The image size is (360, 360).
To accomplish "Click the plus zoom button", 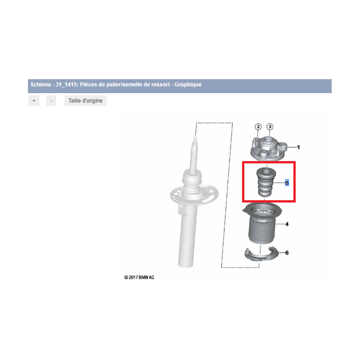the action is tap(34, 101).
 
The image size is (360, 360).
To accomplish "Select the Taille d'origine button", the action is tap(85, 101).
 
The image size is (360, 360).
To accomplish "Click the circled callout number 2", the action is tap(258, 127).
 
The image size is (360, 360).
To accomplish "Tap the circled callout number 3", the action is tap(270, 127).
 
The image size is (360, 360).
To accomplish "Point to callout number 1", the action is tap(298, 148).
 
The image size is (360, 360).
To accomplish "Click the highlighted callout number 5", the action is tap(287, 183).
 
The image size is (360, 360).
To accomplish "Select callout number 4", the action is tap(287, 224).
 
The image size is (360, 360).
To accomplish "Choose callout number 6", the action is tap(287, 253).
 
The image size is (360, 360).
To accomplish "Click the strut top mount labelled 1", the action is tap(268, 149).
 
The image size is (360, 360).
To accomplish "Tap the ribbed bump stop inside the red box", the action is tap(266, 182).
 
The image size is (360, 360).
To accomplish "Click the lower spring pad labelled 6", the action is tap(262, 255).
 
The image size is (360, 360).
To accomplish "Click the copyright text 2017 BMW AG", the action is tap(139, 277).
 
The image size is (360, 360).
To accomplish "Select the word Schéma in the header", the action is tap(40, 85).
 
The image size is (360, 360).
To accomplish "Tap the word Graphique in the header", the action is tap(188, 85).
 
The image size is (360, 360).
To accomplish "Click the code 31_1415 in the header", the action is tap(67, 85).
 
